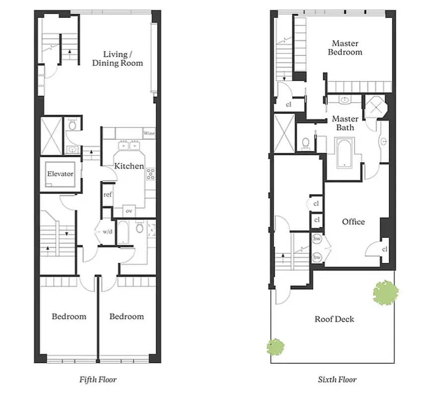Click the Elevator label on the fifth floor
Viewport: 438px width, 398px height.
tap(60, 174)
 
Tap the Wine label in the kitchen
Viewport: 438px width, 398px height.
tap(149, 133)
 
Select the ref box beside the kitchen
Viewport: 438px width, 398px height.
tap(107, 195)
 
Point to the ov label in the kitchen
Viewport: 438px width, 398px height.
tap(129, 211)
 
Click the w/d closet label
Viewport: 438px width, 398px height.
tap(108, 232)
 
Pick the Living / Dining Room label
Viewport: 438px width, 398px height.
tap(123, 59)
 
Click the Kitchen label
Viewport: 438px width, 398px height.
tap(129, 166)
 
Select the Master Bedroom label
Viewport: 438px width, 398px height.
tap(345, 48)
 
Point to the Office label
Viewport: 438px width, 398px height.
tap(353, 222)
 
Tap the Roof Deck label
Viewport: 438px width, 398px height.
tap(334, 319)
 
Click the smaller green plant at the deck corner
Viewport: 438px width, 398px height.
tap(276, 346)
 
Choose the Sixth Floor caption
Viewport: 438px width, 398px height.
tap(337, 380)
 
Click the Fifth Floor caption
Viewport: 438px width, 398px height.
tap(98, 380)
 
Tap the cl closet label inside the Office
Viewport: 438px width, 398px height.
tap(385, 249)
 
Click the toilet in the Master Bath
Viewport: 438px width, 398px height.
tap(306, 143)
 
